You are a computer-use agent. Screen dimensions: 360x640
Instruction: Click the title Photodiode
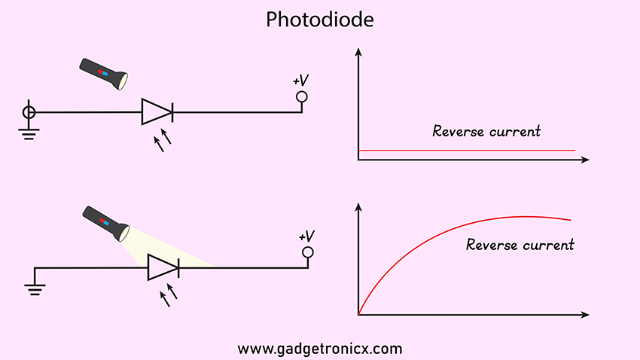319,20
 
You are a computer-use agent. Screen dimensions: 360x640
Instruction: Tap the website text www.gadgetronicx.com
320,349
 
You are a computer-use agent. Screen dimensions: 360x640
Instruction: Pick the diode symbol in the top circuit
157,112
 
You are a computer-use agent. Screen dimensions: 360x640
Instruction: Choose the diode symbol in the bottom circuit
163,267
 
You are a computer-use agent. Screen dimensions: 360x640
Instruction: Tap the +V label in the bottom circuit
306,236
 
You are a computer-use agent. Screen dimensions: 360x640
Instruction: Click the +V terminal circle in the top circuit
302,96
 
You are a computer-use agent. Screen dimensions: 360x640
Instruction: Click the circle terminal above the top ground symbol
29,112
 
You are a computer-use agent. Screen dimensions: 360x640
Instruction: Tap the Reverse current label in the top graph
486,131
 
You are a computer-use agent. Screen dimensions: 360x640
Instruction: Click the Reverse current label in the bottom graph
520,245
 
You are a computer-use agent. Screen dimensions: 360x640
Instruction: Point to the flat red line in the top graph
467,151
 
